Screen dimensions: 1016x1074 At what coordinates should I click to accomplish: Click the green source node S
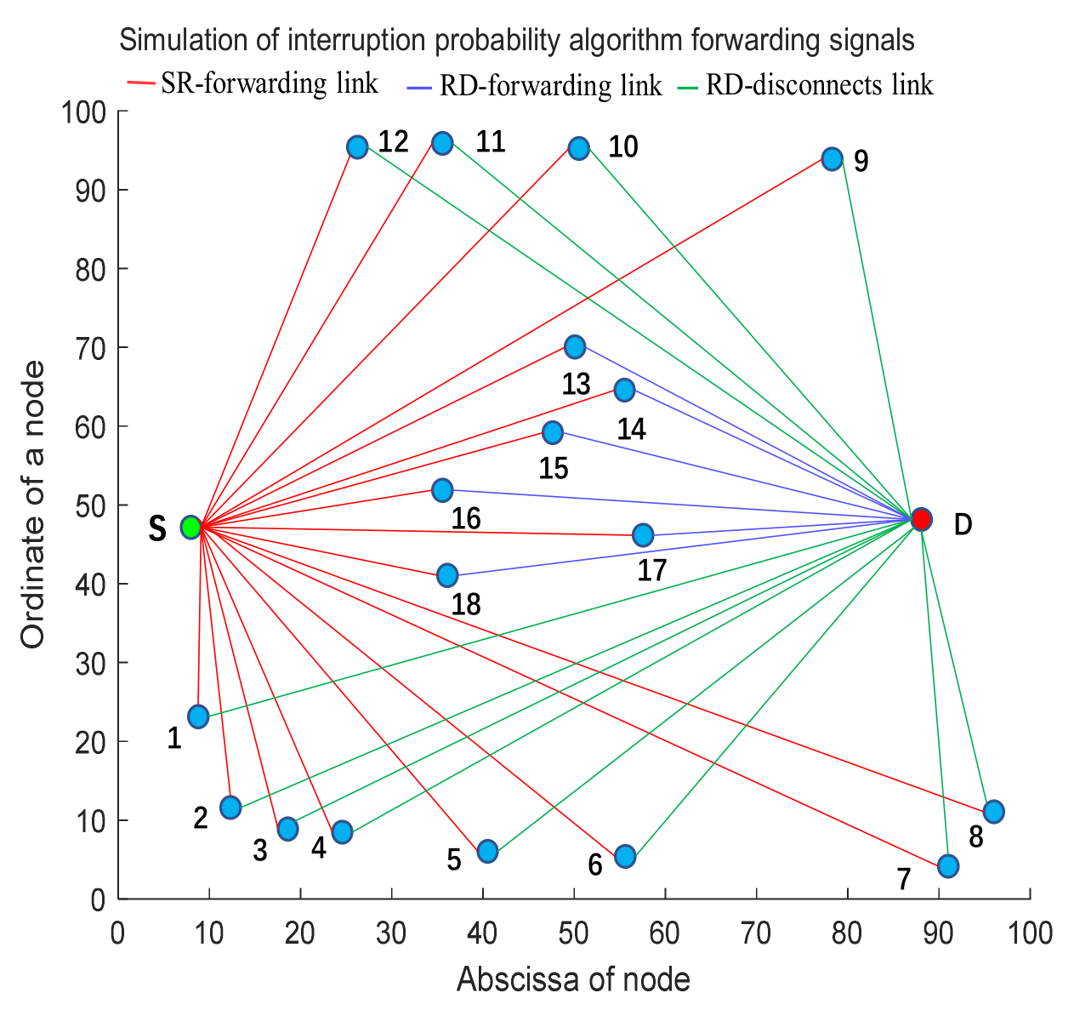[191, 527]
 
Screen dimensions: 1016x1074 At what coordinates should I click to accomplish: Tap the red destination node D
[921, 519]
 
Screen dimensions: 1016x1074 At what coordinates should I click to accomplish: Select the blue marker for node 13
[575, 347]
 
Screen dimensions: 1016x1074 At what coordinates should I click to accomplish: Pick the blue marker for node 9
[832, 159]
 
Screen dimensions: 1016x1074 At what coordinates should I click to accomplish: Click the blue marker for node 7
[948, 865]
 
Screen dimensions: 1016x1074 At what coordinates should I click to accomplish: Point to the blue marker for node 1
[198, 716]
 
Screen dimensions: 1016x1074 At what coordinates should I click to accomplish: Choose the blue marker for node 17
[643, 535]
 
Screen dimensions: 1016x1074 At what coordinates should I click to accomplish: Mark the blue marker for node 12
[357, 147]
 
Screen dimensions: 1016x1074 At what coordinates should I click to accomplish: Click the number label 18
[466, 604]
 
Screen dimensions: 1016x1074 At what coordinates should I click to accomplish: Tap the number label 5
[454, 860]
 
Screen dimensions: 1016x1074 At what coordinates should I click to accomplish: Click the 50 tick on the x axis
[574, 933]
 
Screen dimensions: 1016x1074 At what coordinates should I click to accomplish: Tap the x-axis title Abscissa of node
[573, 979]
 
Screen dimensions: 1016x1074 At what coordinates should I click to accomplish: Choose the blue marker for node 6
[625, 856]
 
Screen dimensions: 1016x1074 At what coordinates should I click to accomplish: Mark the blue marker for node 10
[578, 149]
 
